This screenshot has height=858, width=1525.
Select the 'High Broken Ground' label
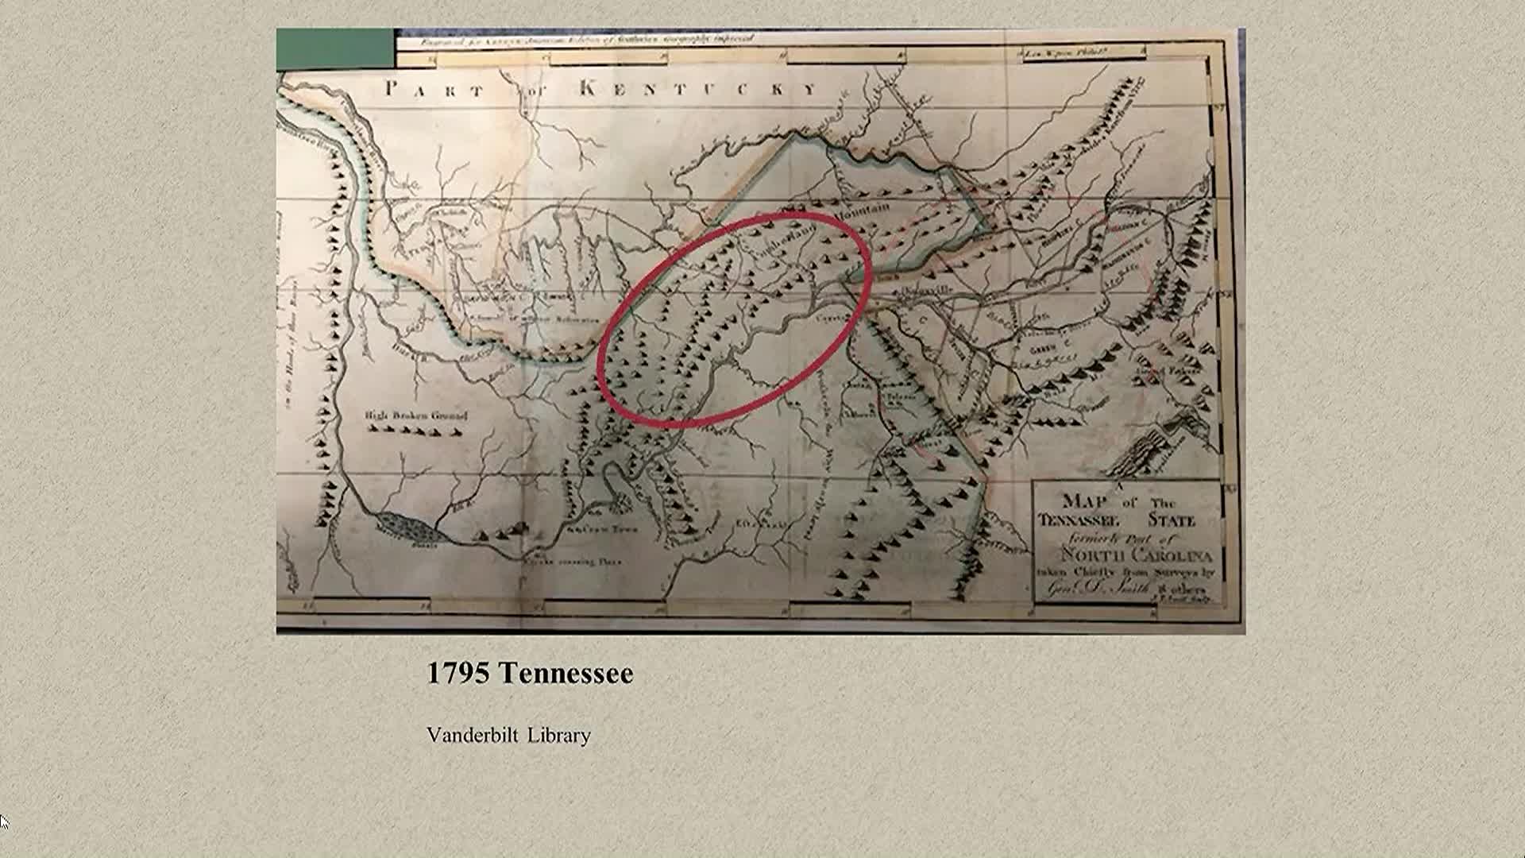point(416,415)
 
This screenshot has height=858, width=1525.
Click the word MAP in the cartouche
point(1085,500)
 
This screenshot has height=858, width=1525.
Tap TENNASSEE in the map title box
point(1078,521)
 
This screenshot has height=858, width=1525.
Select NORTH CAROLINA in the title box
point(1137,555)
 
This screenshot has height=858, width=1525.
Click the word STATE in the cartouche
point(1172,521)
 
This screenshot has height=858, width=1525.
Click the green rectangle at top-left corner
point(334,48)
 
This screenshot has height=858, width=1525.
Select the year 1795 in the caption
point(457,674)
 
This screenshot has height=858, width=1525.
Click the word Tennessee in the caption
point(566,674)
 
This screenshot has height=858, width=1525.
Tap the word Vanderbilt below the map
point(472,736)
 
